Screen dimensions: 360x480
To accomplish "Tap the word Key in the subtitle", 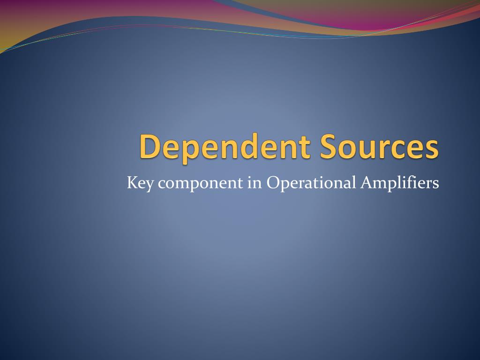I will [140, 183].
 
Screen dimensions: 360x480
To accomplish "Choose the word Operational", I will [310, 183].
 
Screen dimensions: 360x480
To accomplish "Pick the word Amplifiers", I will [400, 183].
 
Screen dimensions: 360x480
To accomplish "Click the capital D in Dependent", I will [149, 146].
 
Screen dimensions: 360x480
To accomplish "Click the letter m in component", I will [184, 184].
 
